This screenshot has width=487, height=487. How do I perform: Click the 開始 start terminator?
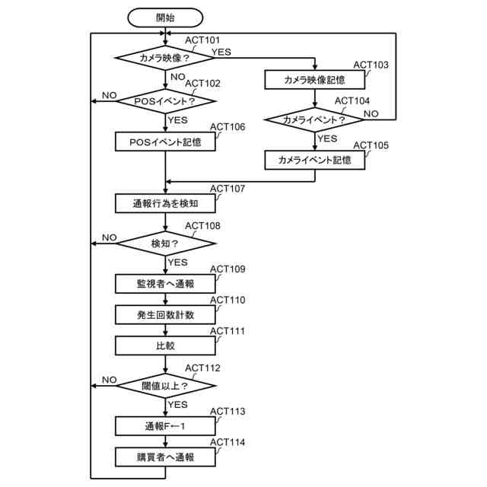click(165, 18)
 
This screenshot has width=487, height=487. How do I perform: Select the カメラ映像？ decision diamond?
click(164, 58)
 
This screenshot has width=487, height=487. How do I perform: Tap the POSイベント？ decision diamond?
click(165, 101)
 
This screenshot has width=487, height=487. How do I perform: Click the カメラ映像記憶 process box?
click(314, 80)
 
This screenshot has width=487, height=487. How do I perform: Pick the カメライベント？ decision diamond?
click(314, 119)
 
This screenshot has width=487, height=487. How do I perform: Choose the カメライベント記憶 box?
click(314, 160)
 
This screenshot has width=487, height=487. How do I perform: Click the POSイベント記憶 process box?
click(165, 142)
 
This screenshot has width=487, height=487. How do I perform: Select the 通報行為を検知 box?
click(165, 203)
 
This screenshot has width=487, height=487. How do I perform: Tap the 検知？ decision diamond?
click(165, 243)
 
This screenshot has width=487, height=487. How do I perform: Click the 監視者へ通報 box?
click(165, 284)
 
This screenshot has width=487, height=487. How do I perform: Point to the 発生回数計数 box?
click(165, 314)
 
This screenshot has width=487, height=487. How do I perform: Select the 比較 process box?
click(165, 345)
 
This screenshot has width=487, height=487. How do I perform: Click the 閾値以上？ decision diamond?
click(165, 386)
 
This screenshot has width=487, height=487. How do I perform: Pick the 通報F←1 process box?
click(165, 426)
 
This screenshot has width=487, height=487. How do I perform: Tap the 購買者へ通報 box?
click(165, 457)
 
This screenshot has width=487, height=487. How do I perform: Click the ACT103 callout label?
click(371, 65)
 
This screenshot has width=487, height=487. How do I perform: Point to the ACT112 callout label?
click(202, 368)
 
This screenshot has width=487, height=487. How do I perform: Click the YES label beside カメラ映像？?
click(221, 52)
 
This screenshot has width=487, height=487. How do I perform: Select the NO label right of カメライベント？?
click(371, 114)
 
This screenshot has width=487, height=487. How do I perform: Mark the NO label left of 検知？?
click(110, 237)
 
